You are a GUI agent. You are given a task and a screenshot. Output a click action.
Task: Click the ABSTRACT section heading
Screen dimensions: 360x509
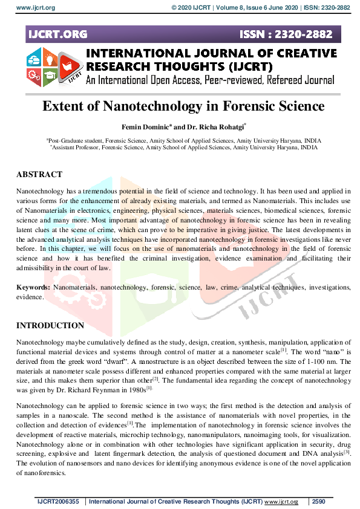tap(39, 175)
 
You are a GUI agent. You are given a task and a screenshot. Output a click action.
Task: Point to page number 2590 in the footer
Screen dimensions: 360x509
tap(319, 502)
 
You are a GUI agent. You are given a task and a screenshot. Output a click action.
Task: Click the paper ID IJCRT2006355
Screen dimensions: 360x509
tap(59, 502)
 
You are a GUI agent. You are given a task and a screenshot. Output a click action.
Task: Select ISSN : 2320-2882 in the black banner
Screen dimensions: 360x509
tap(295, 34)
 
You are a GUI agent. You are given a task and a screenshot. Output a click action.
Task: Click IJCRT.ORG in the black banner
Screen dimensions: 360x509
tap(57, 34)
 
